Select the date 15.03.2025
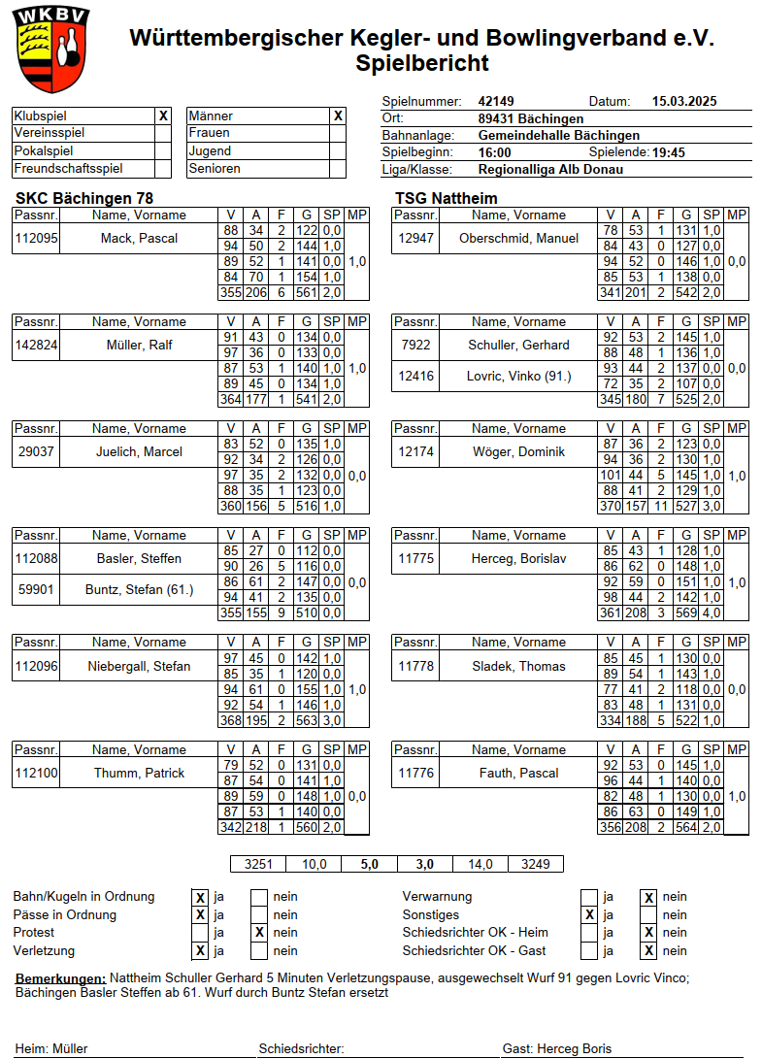(683, 101)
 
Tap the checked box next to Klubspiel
(163, 116)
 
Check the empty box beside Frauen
(337, 133)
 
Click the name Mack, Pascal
(139, 238)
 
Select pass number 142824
(36, 345)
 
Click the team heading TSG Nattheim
(446, 198)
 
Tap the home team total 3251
(258, 864)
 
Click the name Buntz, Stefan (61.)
(139, 589)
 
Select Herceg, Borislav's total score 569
(685, 612)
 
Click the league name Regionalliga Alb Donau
(550, 169)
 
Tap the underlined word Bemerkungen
(61, 978)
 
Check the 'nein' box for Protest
(259, 933)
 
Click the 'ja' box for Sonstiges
(588, 915)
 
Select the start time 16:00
(495, 152)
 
